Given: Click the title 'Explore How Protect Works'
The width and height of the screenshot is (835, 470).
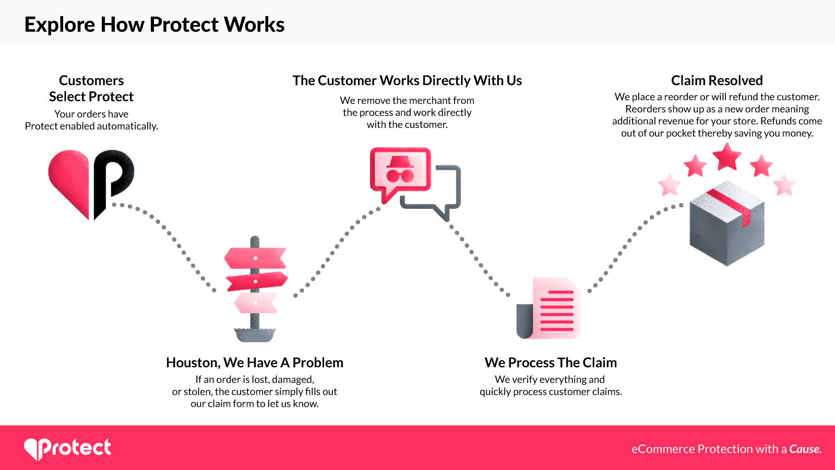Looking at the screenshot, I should pos(154,25).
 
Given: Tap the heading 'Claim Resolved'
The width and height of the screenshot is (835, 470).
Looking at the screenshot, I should pos(717,80).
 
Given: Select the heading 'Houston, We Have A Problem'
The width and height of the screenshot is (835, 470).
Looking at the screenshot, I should pos(255,362).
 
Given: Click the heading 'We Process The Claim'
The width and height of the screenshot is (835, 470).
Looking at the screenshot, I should pos(551,362).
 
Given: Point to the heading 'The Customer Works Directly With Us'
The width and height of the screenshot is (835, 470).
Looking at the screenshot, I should pos(407,80).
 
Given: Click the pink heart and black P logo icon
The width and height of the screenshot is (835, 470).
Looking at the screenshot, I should pos(91,183).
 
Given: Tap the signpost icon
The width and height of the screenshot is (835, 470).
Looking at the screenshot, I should pos(255,290).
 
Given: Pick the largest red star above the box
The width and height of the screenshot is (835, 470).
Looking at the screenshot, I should pos(727,156).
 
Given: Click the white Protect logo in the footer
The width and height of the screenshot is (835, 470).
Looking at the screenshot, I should pos(67,448).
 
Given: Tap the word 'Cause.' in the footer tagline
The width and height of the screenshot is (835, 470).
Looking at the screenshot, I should pos(805,449).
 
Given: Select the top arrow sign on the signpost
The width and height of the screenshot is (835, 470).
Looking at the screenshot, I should pos(255,257).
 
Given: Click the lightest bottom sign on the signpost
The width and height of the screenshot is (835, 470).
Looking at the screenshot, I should pos(256,302).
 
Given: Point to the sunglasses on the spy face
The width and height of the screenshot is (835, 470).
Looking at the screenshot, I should pos(400,175).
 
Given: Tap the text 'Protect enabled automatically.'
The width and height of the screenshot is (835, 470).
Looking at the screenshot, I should pos(91,126).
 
